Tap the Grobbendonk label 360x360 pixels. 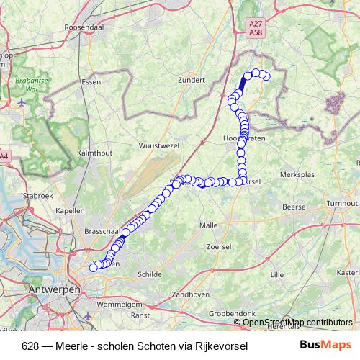point(233,315)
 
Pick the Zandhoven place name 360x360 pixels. point(191,294)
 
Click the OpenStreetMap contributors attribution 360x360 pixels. point(298,322)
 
